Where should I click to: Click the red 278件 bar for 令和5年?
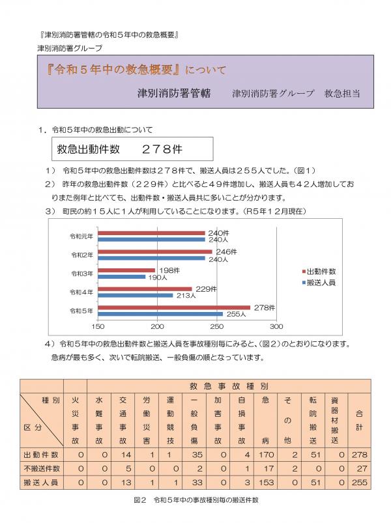pyautogui.click(x=175, y=307)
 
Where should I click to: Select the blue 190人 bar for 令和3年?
pyautogui.click(x=122, y=277)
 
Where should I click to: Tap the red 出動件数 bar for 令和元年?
pyautogui.click(x=152, y=233)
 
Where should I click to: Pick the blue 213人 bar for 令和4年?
pyautogui.click(x=136, y=295)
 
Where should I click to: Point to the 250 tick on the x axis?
pyautogui.click(x=217, y=326)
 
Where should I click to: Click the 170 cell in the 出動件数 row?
pyautogui.click(x=266, y=455)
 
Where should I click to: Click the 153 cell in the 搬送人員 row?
pyautogui.click(x=266, y=482)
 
